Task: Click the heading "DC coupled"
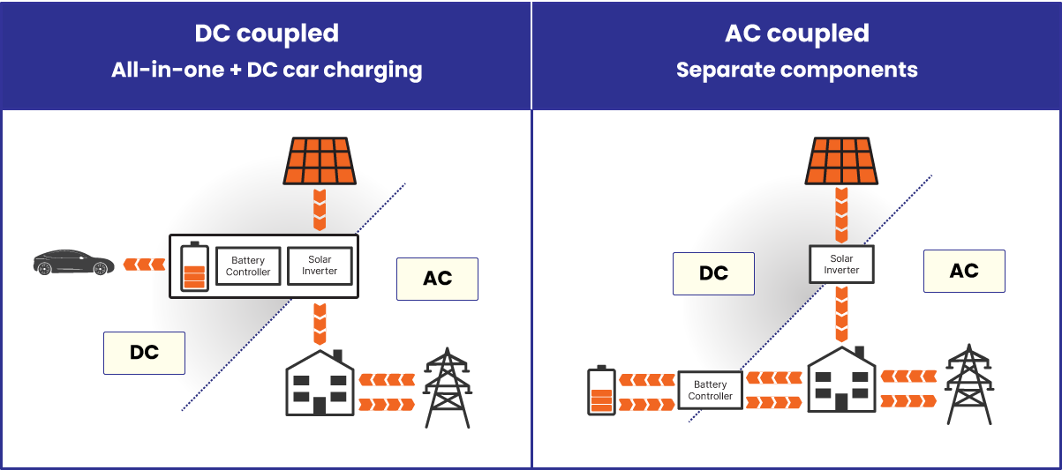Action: pyautogui.click(x=266, y=34)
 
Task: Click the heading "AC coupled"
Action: pyautogui.click(x=796, y=34)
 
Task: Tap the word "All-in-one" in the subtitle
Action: pyautogui.click(x=165, y=70)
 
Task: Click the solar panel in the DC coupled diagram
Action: pyautogui.click(x=320, y=160)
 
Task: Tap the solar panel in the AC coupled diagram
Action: pyautogui.click(x=840, y=160)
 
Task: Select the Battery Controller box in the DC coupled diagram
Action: pyautogui.click(x=248, y=265)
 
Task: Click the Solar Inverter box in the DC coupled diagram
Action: pyautogui.click(x=320, y=265)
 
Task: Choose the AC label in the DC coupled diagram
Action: pyautogui.click(x=437, y=279)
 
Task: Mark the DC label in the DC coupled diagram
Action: pyautogui.click(x=144, y=353)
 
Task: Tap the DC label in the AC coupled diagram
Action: pyautogui.click(x=713, y=273)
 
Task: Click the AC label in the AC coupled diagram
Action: pyautogui.click(x=964, y=271)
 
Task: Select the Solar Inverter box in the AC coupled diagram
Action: pyautogui.click(x=841, y=264)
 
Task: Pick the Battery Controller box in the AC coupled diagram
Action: pyautogui.click(x=710, y=390)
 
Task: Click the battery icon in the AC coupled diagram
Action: pyautogui.click(x=601, y=391)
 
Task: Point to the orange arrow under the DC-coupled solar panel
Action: pyautogui.click(x=320, y=209)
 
